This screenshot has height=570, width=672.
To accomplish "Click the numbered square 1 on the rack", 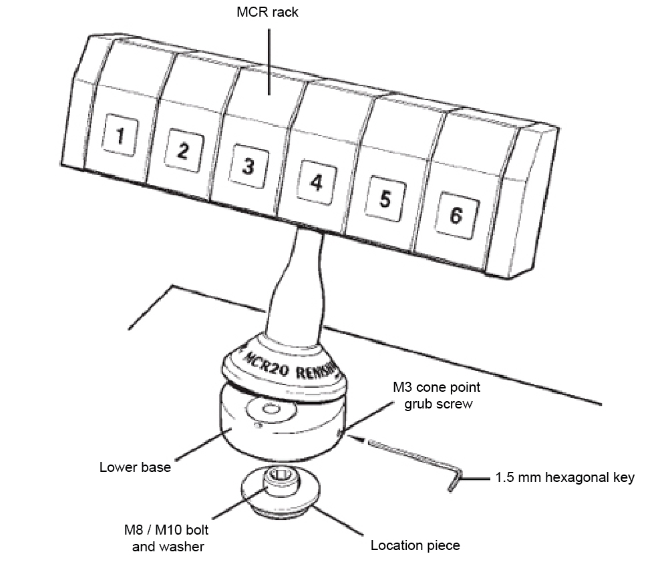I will (120, 137).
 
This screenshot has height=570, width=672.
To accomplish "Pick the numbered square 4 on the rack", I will (316, 181).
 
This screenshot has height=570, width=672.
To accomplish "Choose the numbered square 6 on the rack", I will (454, 216).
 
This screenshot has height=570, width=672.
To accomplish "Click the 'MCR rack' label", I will (269, 13).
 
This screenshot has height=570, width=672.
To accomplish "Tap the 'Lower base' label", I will (135, 467).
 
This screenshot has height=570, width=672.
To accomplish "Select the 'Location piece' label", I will (415, 545).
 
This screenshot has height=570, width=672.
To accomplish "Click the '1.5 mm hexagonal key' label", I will (565, 478).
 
